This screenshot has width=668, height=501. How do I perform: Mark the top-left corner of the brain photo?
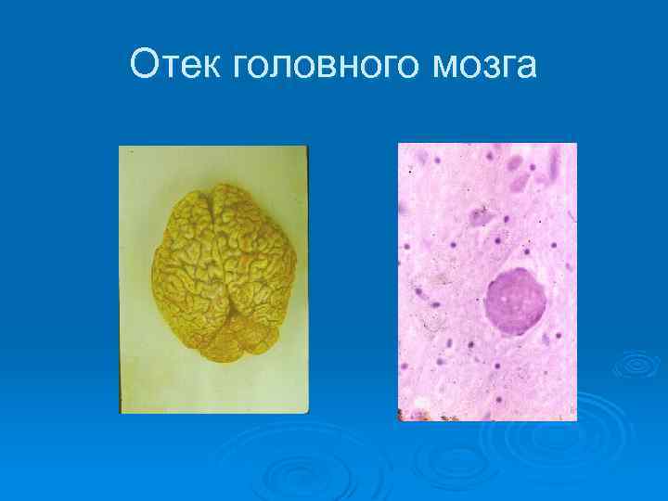tap(120, 147)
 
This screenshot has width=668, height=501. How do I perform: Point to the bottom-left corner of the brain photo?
tap(121, 413)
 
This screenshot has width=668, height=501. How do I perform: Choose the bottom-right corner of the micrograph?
tap(576, 420)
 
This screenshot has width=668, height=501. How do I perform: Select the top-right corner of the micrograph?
tap(576, 144)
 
